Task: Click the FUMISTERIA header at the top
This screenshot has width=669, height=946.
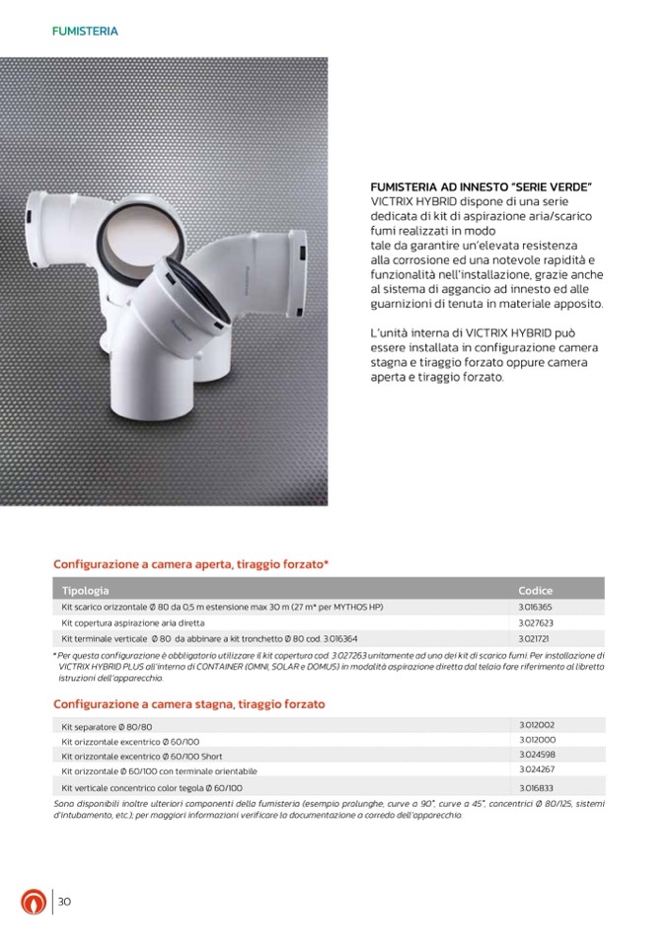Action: pos(85,32)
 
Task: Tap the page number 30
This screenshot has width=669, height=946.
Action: pos(65,902)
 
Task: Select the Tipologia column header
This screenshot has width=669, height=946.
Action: pos(85,590)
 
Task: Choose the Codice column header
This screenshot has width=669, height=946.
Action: pos(536,590)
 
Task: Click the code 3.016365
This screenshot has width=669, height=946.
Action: pos(536,607)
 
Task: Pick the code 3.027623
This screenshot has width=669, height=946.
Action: pos(536,623)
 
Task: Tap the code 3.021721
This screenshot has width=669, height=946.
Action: pos(534,638)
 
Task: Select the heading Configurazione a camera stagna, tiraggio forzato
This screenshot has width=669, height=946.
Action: pos(188,704)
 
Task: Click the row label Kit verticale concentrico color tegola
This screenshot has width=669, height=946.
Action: pos(152,789)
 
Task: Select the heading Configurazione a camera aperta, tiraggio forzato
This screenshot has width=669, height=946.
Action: pos(190,564)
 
